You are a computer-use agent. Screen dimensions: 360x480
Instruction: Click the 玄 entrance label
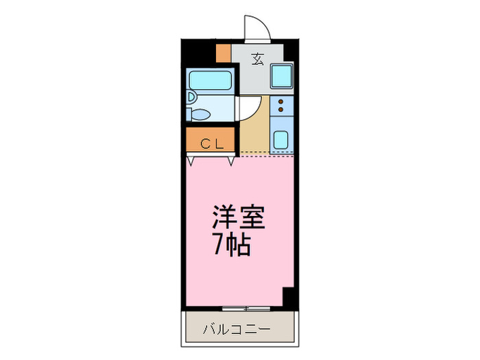point(258,60)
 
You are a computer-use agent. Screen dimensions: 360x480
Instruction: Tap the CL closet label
point(211,143)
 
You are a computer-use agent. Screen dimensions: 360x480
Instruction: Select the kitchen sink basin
point(281,141)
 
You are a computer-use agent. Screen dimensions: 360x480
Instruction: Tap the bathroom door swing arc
point(248,108)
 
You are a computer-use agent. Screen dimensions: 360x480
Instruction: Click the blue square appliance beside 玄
point(281,75)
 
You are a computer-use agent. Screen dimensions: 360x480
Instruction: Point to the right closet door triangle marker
point(231,163)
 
